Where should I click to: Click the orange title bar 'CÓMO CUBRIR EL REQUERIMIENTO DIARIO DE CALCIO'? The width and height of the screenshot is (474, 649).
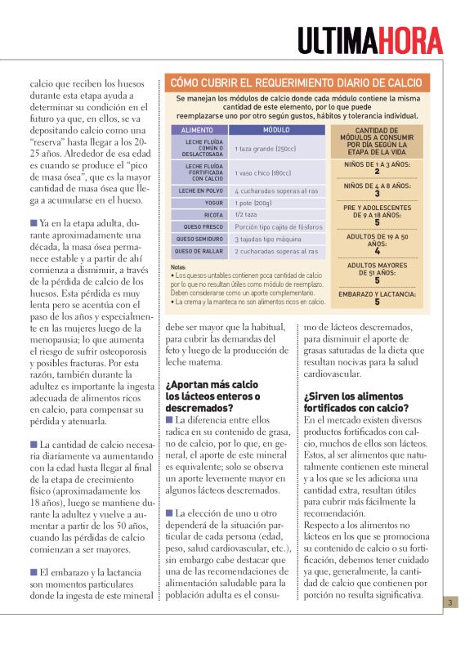(x=295, y=83)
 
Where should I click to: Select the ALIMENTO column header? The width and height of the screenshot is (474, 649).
(x=197, y=130)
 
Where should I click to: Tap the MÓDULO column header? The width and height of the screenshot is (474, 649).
(x=275, y=130)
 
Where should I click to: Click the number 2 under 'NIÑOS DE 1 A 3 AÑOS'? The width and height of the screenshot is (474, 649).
(x=377, y=172)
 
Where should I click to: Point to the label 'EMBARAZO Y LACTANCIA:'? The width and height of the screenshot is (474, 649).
(x=377, y=293)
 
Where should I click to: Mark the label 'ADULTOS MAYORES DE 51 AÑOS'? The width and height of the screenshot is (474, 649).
(x=377, y=269)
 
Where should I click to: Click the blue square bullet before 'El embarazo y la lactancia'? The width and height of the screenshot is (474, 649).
(x=34, y=572)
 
